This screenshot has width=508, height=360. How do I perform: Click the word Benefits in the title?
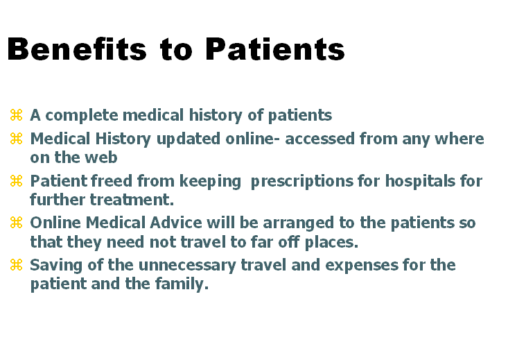(77, 49)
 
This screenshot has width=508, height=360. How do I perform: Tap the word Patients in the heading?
(275, 49)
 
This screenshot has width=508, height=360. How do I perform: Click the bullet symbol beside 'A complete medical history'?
(16, 115)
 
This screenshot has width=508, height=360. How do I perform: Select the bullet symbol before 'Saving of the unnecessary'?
(16, 265)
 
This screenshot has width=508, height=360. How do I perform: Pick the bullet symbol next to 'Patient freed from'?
(16, 181)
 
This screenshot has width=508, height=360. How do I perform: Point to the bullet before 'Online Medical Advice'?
(16, 223)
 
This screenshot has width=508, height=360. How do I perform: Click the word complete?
(82, 116)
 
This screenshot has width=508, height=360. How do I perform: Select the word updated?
(189, 139)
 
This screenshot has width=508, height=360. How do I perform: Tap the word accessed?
(319, 139)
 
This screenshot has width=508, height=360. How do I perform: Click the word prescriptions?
(302, 182)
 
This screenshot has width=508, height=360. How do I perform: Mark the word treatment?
(132, 200)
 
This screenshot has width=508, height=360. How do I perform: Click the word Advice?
(176, 223)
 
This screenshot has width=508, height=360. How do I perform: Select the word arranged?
(298, 223)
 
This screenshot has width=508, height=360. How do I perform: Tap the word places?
(331, 243)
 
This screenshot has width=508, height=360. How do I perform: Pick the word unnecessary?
(187, 266)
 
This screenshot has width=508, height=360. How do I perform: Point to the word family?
(182, 284)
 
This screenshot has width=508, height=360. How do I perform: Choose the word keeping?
(210, 182)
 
